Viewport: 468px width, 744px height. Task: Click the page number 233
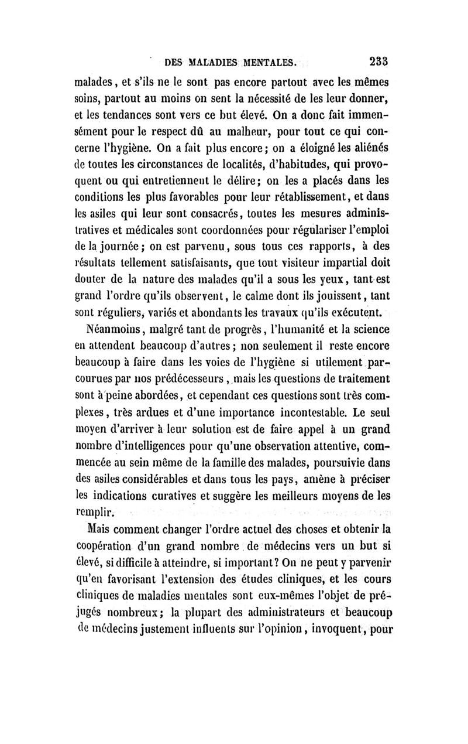(x=380, y=61)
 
